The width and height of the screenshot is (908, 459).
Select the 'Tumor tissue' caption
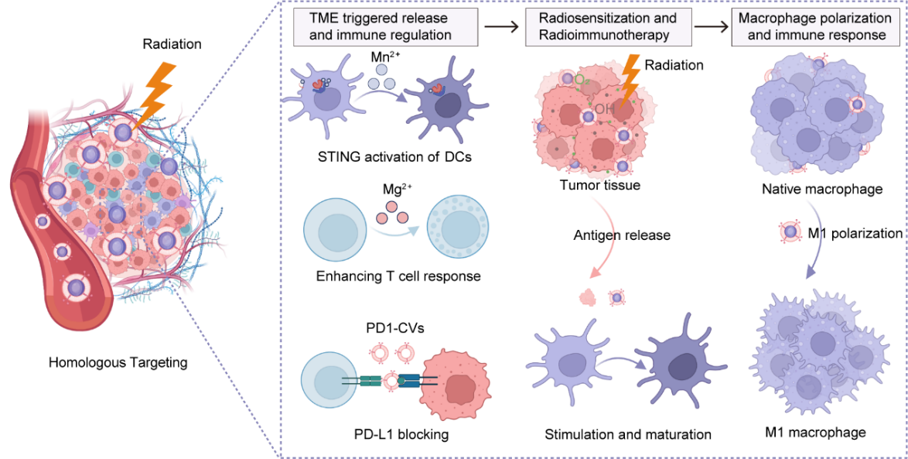(x=599, y=185)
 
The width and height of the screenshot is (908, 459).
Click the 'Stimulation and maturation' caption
(x=627, y=434)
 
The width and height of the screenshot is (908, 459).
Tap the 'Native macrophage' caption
(x=821, y=189)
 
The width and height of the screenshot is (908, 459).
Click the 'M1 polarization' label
(x=859, y=233)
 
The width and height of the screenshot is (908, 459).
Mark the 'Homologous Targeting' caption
(x=118, y=361)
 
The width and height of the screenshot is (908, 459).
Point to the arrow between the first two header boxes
(x=500, y=26)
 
